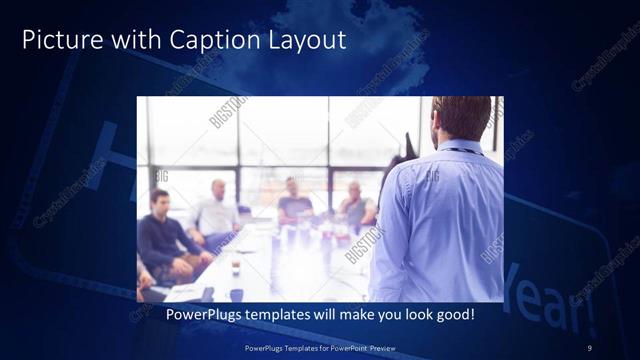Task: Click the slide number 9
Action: coord(590,347)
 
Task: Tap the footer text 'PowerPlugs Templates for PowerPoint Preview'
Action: coord(320,347)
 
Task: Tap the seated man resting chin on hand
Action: coord(355,205)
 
